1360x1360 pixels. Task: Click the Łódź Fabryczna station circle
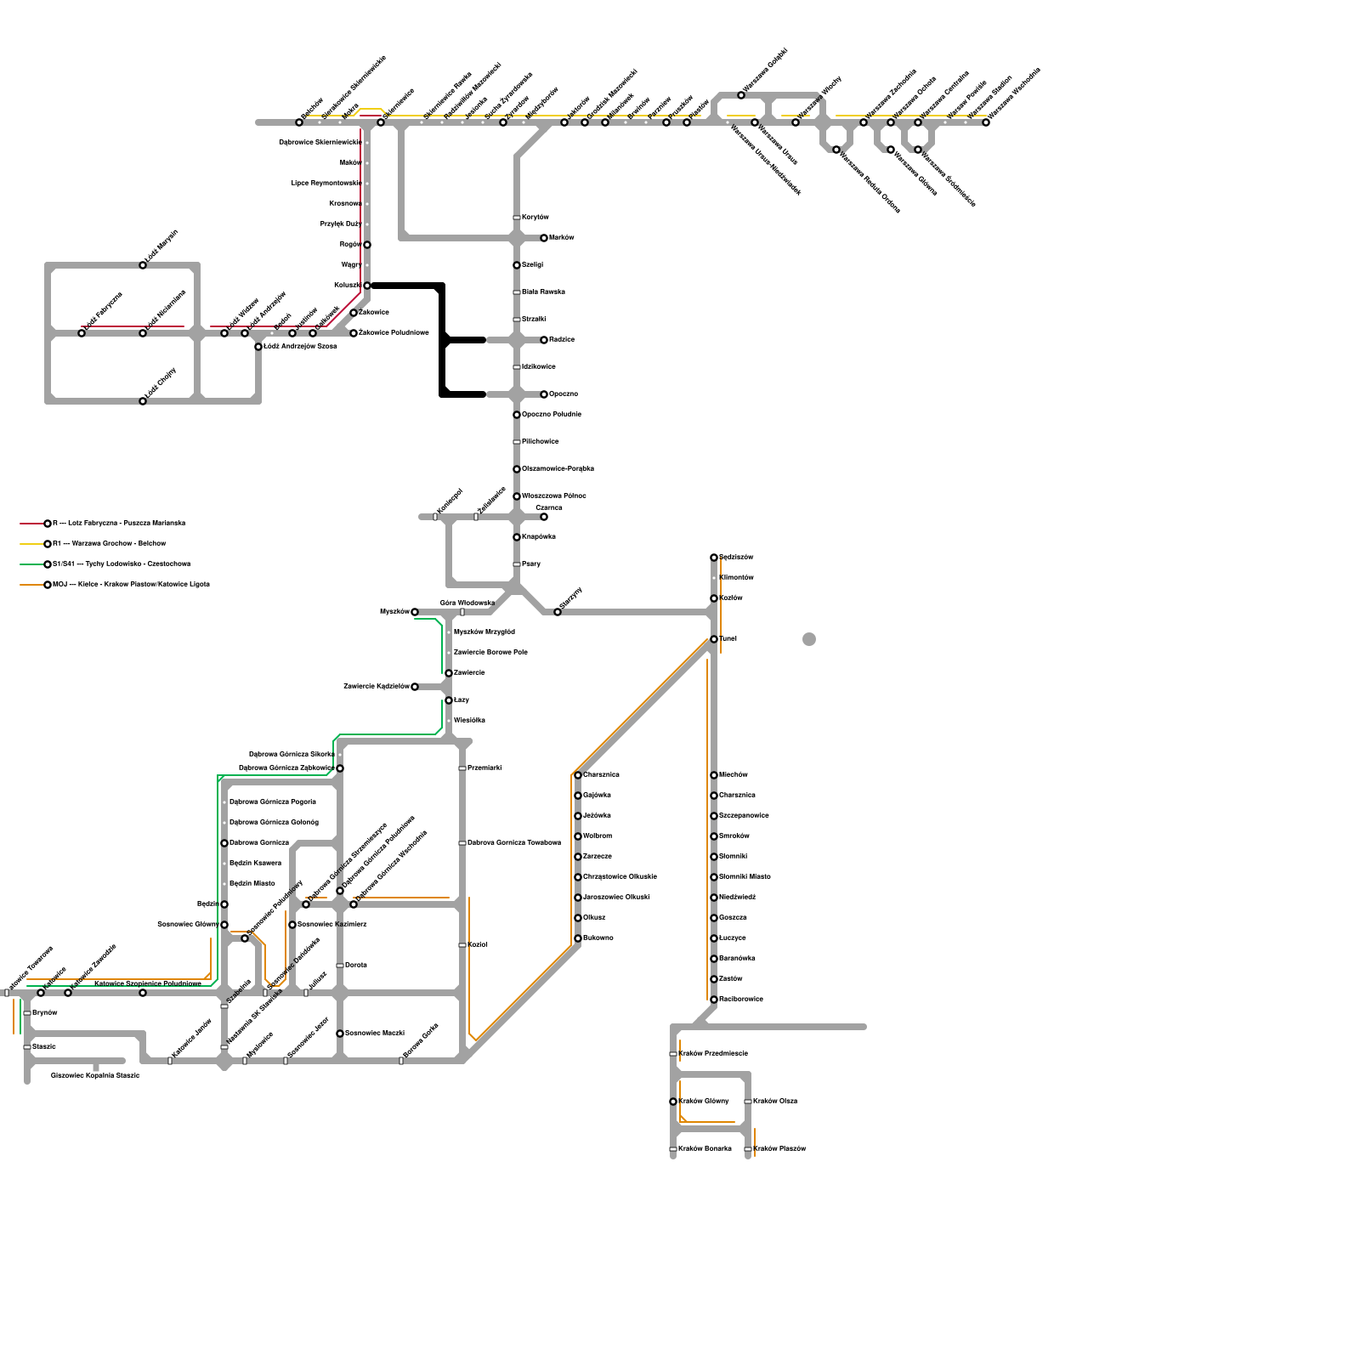tap(82, 333)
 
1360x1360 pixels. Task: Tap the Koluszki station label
tap(348, 286)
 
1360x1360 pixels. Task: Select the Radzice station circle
tap(544, 340)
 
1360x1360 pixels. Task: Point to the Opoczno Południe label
tap(552, 415)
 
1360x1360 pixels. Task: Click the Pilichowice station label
tap(541, 442)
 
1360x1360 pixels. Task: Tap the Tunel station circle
tap(714, 639)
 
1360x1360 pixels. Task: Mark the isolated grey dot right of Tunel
tap(809, 639)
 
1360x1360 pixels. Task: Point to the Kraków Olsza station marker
tap(748, 1102)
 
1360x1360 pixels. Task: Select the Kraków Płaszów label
tap(779, 1149)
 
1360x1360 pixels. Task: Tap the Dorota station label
tap(356, 966)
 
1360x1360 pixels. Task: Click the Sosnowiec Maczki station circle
tap(340, 1034)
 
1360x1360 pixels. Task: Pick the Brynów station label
tap(44, 1013)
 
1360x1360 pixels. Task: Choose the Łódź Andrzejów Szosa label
tap(300, 347)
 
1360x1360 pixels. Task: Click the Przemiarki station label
tap(484, 768)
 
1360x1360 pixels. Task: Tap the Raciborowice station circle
tap(714, 1000)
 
